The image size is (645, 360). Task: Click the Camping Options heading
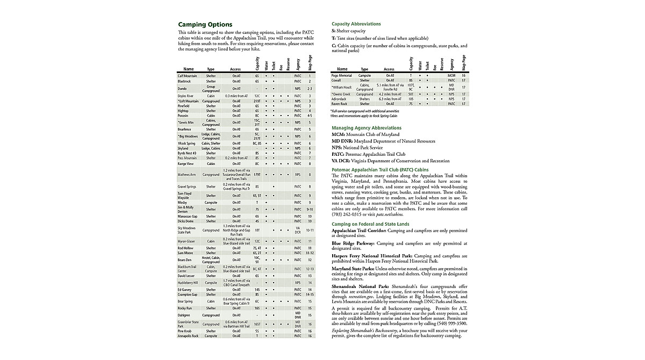pyautogui.click(x=205, y=24)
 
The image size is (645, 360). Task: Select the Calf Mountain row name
pyautogui.click(x=188, y=76)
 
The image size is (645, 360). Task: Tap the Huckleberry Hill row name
pyautogui.click(x=188, y=283)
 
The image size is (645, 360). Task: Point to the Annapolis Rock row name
pyautogui.click(x=188, y=336)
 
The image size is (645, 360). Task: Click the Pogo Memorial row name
pyautogui.click(x=342, y=76)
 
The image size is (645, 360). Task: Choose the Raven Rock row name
pyautogui.click(x=340, y=104)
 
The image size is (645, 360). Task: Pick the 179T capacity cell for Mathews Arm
pyautogui.click(x=257, y=175)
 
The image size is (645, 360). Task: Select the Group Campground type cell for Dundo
pyautogui.click(x=211, y=88)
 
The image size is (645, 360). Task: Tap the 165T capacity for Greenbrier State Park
pyautogui.click(x=257, y=325)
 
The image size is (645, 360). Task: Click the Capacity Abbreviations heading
pyautogui.click(x=356, y=24)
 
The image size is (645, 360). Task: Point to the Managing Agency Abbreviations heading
pyautogui.click(x=366, y=128)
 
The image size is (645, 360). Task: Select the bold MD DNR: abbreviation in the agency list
pyautogui.click(x=342, y=141)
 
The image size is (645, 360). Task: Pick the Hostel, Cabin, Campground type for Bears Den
pyautogui.click(x=211, y=260)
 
